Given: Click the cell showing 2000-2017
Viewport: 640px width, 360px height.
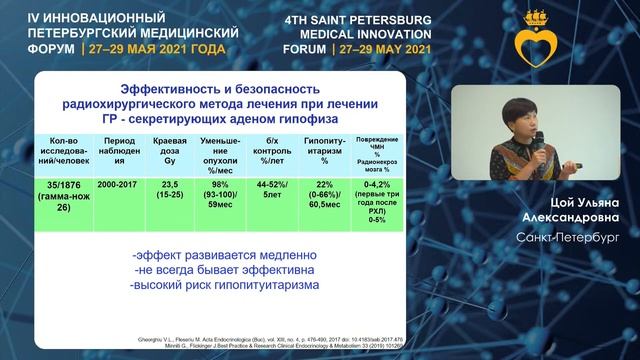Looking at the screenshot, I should tap(113, 185).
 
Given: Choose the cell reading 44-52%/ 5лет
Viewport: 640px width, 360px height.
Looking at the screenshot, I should tap(293, 190).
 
